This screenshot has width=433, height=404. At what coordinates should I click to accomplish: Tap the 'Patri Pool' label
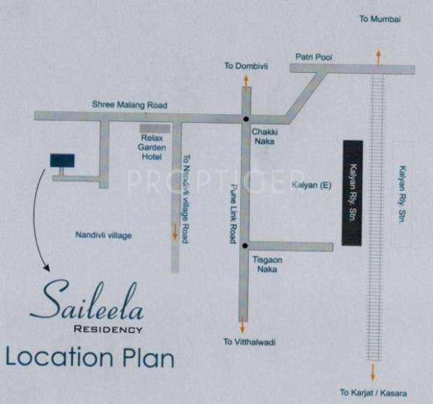coord(313,56)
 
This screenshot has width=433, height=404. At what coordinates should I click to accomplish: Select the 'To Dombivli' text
coord(245,66)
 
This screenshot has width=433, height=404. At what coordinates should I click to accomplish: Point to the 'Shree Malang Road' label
coord(129,105)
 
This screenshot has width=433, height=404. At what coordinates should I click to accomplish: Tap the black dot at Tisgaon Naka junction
coord(245,245)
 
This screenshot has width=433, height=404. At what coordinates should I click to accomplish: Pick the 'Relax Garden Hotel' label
coord(152,146)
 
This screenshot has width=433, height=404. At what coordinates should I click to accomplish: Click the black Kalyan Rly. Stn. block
coord(352,192)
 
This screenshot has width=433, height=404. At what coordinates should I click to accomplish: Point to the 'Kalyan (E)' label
coord(311,185)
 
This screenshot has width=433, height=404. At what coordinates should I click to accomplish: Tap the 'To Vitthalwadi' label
coord(250,342)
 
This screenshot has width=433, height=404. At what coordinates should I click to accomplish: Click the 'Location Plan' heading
coord(90,356)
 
